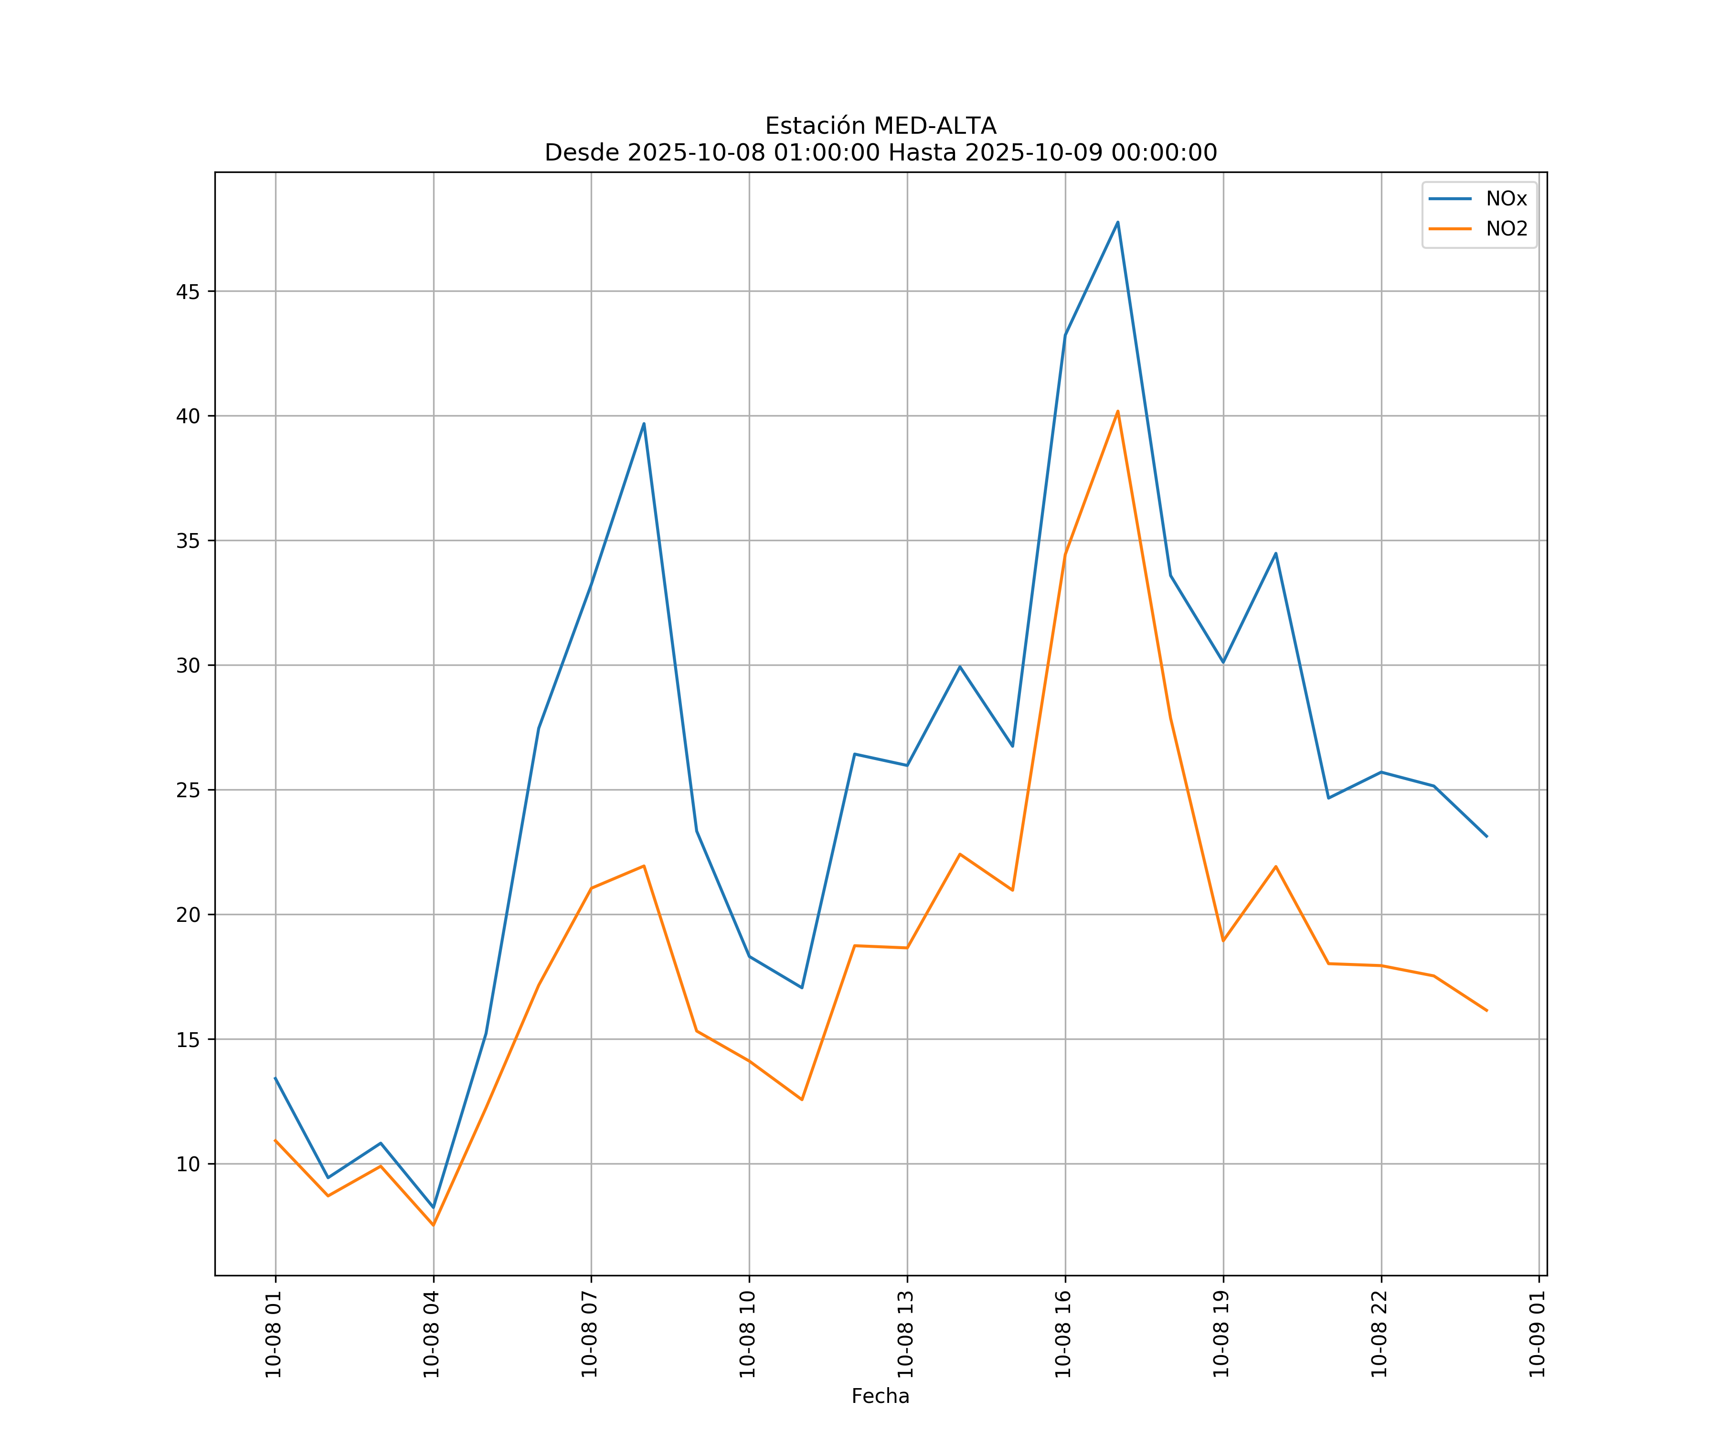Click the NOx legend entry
1506,199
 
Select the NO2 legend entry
1506,229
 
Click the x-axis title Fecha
880,1396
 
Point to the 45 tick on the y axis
188,291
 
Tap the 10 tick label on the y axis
188,1164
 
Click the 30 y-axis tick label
188,665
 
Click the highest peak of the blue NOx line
1117,222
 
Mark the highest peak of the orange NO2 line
1117,411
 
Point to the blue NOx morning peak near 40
644,423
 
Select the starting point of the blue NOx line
275,1078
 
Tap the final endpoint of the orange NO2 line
1486,1010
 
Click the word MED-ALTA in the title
935,126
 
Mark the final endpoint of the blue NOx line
1486,836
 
